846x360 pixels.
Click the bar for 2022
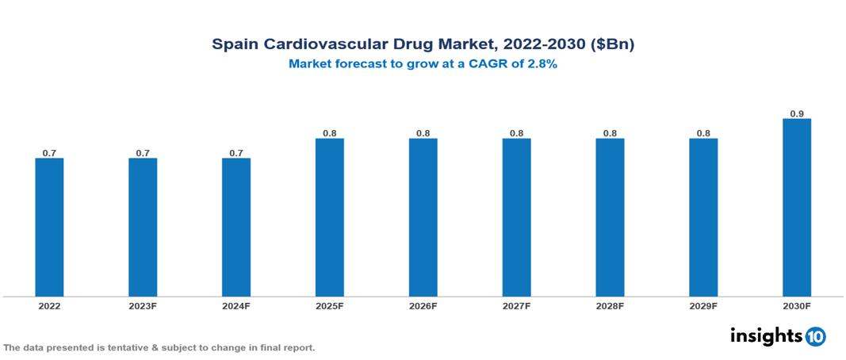(49, 227)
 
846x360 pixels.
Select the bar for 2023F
(143, 227)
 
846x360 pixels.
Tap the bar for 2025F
(329, 217)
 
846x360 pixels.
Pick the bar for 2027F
(516, 217)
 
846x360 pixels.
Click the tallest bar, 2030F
(797, 208)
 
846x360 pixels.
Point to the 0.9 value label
(797, 114)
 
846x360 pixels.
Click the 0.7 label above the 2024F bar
(236, 153)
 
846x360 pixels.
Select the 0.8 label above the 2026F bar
(423, 133)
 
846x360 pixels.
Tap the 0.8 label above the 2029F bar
(703, 133)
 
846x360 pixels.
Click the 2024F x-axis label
(236, 306)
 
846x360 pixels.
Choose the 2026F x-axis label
(423, 306)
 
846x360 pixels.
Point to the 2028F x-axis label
(610, 306)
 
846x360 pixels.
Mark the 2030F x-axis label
(797, 306)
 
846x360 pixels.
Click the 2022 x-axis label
(49, 306)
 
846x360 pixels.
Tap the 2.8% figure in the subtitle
(541, 64)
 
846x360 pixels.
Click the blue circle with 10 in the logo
(815, 336)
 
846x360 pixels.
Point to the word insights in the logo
(766, 335)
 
